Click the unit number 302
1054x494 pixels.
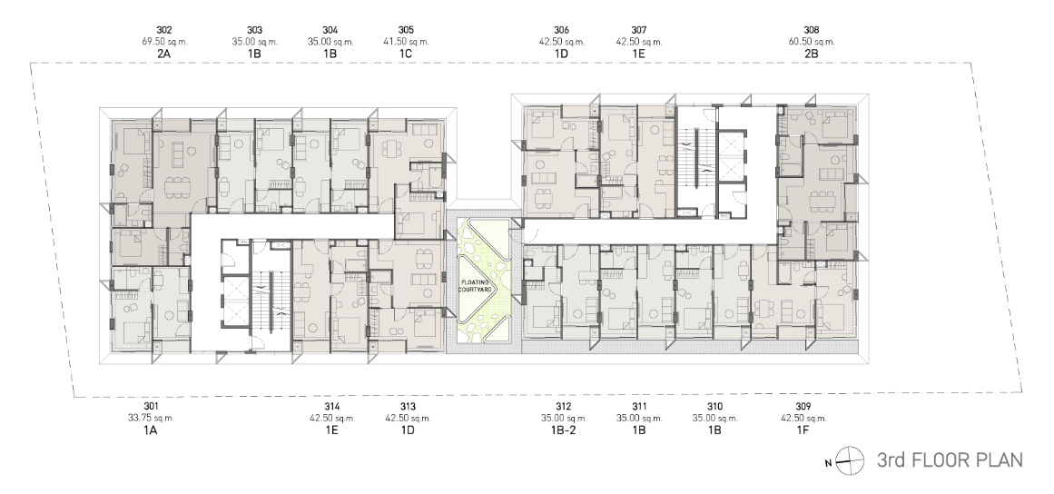164,30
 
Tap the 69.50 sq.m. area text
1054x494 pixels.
164,41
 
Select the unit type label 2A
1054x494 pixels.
164,53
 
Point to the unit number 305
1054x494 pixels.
406,30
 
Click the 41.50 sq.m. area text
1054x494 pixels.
406,41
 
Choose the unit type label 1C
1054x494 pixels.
405,53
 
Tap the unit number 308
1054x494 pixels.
812,30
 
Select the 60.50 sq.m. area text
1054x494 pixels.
812,41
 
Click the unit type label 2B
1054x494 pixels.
812,53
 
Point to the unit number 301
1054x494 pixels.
151,407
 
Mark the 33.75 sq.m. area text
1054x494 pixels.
151,418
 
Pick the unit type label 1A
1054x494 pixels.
150,430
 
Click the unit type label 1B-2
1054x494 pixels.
563,430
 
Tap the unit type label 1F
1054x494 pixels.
803,430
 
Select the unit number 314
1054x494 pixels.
332,407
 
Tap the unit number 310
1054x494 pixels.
714,407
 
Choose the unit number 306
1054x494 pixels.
562,30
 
